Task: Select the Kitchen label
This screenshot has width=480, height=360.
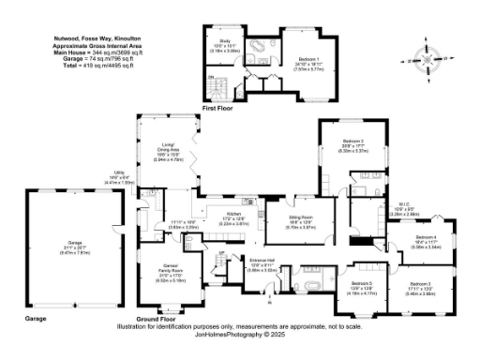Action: point(221,213)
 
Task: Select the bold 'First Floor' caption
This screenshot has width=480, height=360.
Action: point(217,109)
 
